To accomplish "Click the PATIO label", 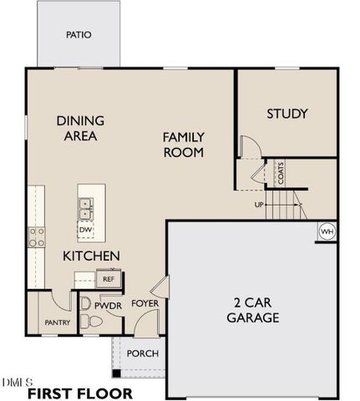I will pyautogui.click(x=79, y=35).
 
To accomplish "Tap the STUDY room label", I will pyautogui.click(x=286, y=114).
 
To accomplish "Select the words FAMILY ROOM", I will pyautogui.click(x=184, y=144).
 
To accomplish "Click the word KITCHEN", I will pyautogui.click(x=92, y=255).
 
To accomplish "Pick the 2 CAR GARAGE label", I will pyautogui.click(x=251, y=310).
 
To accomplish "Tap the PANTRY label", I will pyautogui.click(x=56, y=322).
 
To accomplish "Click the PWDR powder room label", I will pyautogui.click(x=108, y=307).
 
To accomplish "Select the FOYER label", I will pyautogui.click(x=145, y=302).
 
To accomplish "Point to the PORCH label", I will pyautogui.click(x=142, y=353).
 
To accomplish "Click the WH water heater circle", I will pyautogui.click(x=327, y=231).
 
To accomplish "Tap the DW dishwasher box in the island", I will pyautogui.click(x=85, y=229).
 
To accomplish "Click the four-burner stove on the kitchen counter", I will pyautogui.click(x=37, y=236).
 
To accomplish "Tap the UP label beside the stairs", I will pyautogui.click(x=260, y=203).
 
